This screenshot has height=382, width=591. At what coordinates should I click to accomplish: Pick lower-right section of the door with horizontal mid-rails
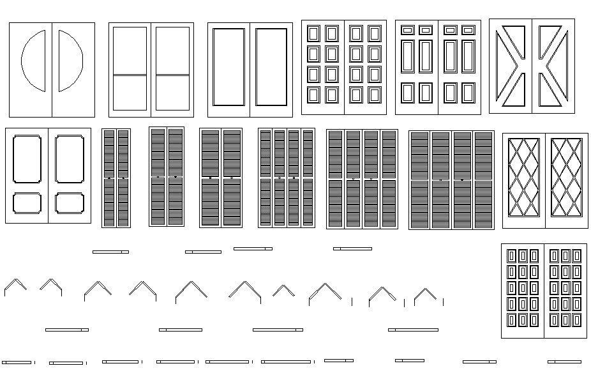(173, 93)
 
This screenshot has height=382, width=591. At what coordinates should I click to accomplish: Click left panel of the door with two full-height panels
(228, 66)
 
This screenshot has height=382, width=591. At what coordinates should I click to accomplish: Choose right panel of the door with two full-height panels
(271, 66)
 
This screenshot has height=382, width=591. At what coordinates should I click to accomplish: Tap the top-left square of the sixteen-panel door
(313, 33)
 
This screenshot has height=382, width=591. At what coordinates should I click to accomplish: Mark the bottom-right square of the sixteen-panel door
(374, 95)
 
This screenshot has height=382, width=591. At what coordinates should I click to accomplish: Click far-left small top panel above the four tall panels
(407, 30)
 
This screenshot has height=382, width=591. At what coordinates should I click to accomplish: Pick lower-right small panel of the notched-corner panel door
(70, 203)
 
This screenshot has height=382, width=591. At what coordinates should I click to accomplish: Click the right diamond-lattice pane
(567, 178)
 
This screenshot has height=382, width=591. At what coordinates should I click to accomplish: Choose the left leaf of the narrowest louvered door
(108, 178)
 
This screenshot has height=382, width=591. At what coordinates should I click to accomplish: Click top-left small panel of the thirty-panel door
(511, 256)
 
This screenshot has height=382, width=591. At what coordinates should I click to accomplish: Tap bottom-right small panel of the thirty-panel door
(577, 319)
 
